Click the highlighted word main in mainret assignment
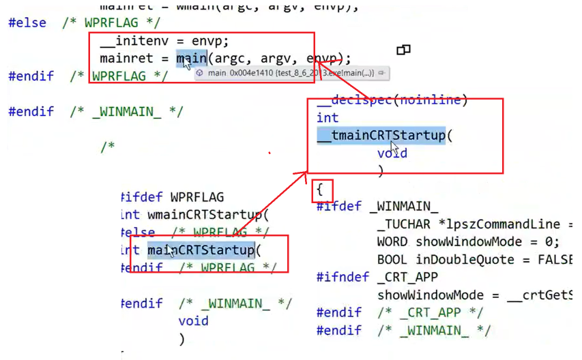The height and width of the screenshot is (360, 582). click(x=192, y=59)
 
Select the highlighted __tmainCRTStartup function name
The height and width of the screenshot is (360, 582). click(x=381, y=136)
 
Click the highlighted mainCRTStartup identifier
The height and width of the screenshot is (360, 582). click(x=201, y=250)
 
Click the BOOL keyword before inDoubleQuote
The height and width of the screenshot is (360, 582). click(x=393, y=259)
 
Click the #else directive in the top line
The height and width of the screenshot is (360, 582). click(x=27, y=22)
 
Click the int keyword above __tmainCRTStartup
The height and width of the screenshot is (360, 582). click(x=328, y=118)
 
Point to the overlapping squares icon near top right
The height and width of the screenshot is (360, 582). click(x=403, y=50)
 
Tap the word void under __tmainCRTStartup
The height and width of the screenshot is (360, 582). click(x=392, y=153)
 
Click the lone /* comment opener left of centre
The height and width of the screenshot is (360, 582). click(x=108, y=147)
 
